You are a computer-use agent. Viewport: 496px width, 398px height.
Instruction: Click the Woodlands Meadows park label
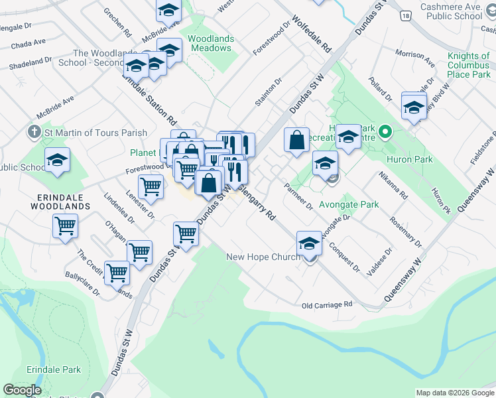[x=210, y=44]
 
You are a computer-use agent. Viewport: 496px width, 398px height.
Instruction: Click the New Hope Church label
[x=263, y=257]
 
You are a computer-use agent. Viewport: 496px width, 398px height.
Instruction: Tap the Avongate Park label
[x=349, y=204]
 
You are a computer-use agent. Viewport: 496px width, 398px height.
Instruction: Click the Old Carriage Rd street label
[x=326, y=305]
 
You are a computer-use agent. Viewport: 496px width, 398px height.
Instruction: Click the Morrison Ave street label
[x=414, y=58]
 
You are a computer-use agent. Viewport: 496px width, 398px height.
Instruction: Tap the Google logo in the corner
[x=23, y=390]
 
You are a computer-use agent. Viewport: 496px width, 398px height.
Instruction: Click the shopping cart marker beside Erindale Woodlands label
[x=65, y=226]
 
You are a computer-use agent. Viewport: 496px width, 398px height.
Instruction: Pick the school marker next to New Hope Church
[x=309, y=244]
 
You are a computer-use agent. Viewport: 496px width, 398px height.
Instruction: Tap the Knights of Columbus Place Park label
[x=469, y=65]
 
